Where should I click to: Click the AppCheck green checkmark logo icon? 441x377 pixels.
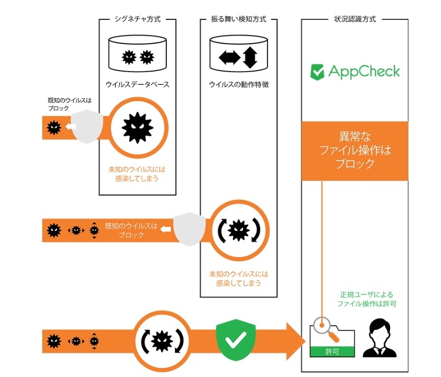click(317, 71)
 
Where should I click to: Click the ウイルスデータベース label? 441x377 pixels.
click(137, 84)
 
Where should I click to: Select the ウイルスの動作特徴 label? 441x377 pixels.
click(239, 84)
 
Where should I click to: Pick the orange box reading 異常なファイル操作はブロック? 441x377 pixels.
click(355, 151)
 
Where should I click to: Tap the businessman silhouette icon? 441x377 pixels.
click(379, 338)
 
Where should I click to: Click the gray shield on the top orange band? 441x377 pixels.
click(86, 127)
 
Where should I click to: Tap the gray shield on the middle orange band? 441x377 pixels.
click(189, 230)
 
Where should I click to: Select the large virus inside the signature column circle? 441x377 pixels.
click(137, 127)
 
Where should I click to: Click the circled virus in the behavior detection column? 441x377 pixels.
click(239, 230)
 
